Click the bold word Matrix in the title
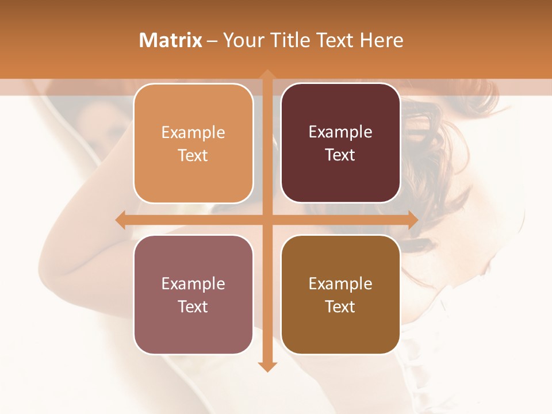tap(171, 40)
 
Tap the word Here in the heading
tap(382, 40)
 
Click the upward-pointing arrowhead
tap(267, 75)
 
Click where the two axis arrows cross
tap(267, 220)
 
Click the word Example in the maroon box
tap(340, 132)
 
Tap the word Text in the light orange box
tap(193, 155)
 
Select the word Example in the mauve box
tap(193, 283)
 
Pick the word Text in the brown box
tap(340, 306)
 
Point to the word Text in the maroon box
tap(340, 155)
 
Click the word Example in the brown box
tap(340, 283)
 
